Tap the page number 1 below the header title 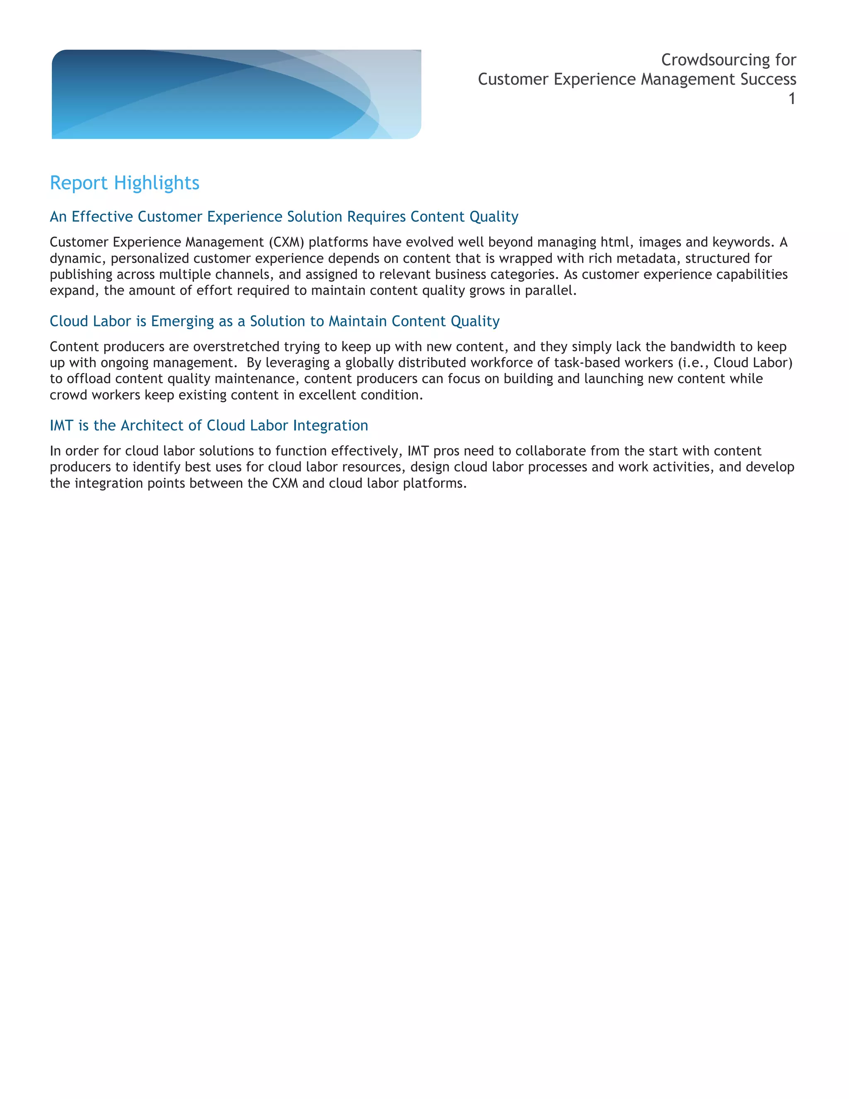point(792,99)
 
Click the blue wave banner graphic point(236,94)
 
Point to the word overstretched point(236,347)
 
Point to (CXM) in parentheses point(287,242)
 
